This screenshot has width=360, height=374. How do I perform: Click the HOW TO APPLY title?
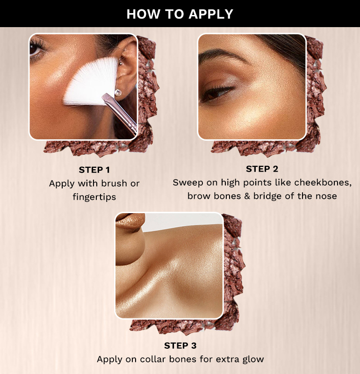point(180,14)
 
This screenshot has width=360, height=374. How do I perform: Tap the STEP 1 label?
point(94,170)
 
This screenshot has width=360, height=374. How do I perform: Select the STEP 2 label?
point(262,169)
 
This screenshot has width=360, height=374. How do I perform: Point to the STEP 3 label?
point(180,345)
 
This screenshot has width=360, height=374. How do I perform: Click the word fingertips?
point(94,197)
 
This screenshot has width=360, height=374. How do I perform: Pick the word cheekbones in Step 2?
point(323,182)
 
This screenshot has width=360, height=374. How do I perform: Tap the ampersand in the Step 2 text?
point(247,196)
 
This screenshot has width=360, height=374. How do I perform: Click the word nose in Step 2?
point(326,196)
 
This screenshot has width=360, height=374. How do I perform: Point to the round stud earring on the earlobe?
point(118,92)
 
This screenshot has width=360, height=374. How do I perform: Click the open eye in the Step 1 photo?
point(36,49)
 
